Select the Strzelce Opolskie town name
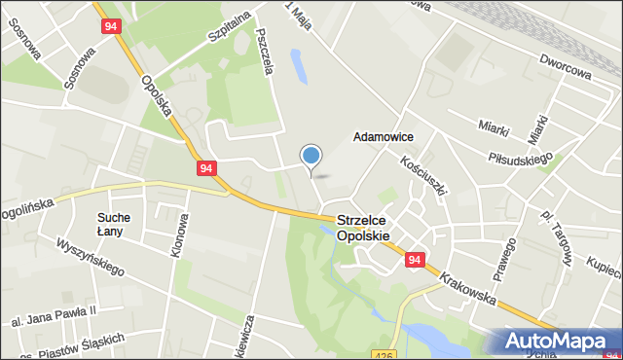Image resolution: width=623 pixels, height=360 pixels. (363, 229)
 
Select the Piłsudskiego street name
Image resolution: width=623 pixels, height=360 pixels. (522, 155)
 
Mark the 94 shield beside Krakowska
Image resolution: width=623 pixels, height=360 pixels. (416, 260)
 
